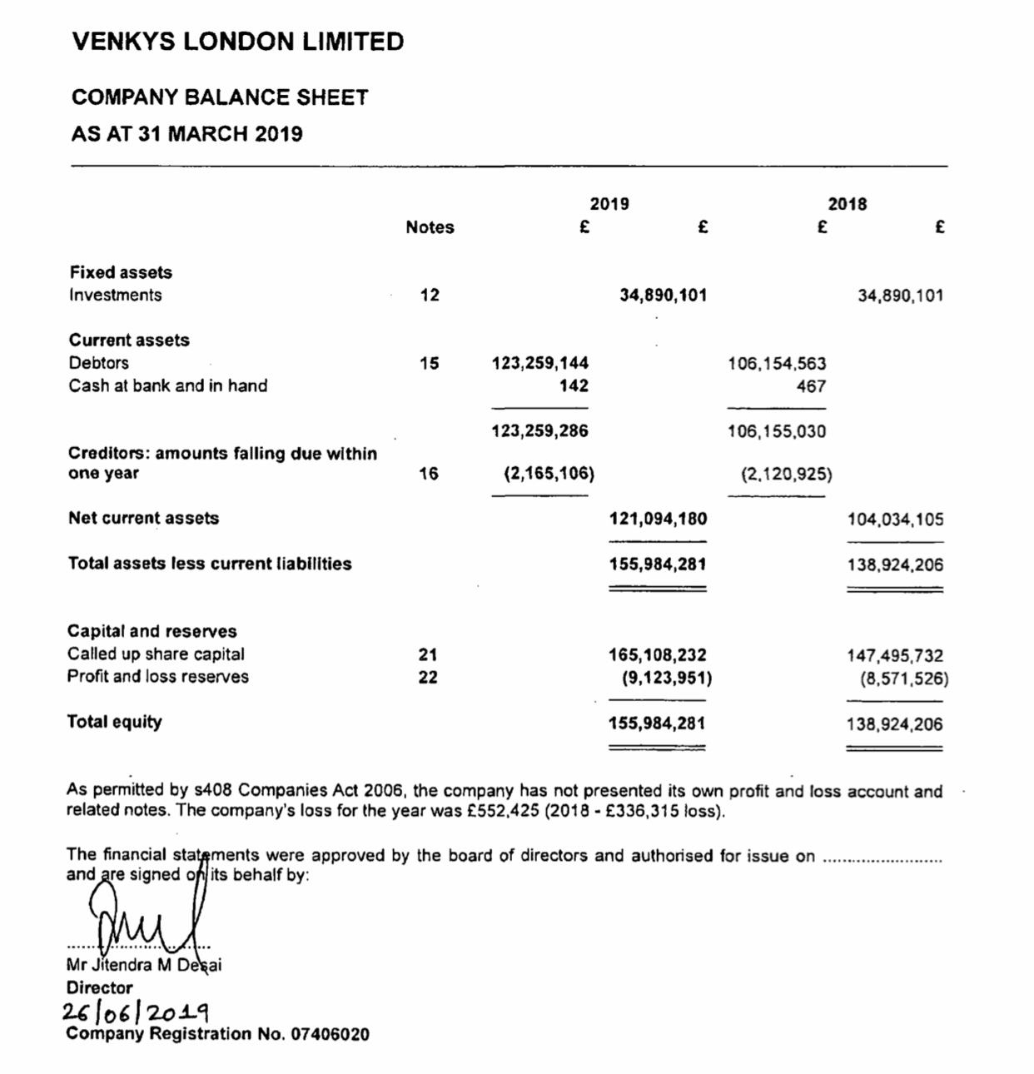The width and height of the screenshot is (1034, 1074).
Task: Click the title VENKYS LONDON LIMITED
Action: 238,42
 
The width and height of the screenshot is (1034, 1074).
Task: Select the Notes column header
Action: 430,227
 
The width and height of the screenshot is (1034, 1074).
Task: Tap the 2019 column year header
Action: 609,204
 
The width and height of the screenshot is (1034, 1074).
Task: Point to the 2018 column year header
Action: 847,204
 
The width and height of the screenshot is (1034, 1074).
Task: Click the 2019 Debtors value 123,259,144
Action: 540,363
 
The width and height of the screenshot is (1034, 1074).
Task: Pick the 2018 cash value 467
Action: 811,386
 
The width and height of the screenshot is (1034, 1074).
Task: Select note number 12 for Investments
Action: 430,295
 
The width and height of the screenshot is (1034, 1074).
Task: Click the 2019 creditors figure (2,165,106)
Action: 549,474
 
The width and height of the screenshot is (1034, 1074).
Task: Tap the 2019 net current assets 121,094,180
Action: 659,519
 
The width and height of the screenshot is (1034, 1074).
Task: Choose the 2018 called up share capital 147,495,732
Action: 895,655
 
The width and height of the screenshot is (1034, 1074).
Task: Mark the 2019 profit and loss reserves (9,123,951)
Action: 667,678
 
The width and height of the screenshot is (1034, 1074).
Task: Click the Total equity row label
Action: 115,722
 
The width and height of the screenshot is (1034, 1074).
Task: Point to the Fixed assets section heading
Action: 121,272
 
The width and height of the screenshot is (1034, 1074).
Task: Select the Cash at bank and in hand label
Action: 168,385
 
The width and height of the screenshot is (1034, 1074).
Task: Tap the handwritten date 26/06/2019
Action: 136,1012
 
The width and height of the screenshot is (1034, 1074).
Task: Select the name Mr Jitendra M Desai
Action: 144,966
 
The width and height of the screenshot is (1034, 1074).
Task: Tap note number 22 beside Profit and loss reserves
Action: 428,677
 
